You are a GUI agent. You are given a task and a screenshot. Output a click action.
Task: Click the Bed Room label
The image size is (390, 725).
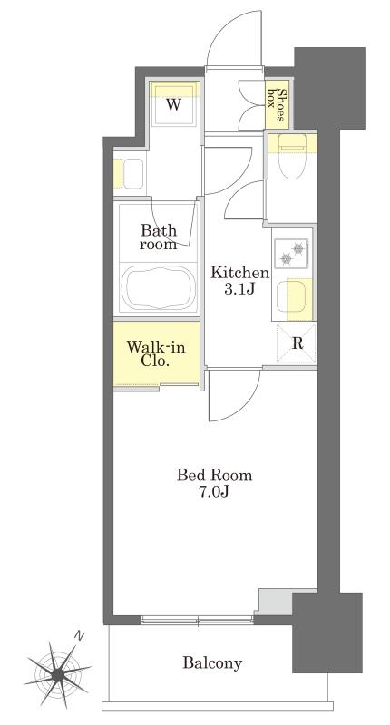point(214,475)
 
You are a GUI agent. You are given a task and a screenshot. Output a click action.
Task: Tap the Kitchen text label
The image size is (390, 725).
point(239,273)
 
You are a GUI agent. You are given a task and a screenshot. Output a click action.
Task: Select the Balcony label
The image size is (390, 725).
point(212,663)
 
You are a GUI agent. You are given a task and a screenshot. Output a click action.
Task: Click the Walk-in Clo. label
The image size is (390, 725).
point(156,347)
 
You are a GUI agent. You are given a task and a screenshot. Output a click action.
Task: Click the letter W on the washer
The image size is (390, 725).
point(173,104)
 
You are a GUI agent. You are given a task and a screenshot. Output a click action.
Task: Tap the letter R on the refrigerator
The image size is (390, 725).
point(297,344)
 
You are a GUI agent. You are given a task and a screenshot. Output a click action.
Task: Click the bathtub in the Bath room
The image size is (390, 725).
point(157,287)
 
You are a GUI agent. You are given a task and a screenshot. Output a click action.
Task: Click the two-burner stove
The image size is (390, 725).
point(291,253)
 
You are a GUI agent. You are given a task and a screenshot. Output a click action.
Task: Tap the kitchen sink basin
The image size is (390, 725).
point(290,297)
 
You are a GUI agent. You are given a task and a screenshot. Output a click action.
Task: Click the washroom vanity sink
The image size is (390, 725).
point(133,174)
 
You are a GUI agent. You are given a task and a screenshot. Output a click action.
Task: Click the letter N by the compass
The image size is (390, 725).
point(81,637)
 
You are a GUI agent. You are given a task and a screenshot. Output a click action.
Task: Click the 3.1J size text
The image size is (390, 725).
point(239,289)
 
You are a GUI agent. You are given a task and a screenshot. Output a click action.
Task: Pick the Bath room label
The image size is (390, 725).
point(158,236)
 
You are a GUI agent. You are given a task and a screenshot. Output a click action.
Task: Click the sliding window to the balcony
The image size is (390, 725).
point(198,621)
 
